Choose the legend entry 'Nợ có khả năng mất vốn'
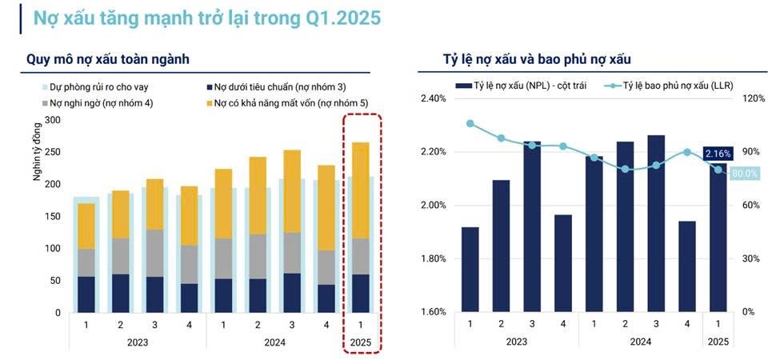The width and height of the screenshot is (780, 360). point(279,103)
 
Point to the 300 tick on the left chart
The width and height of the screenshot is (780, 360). point(53,120)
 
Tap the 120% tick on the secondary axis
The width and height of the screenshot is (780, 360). point(754,99)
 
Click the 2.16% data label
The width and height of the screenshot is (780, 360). point(717,152)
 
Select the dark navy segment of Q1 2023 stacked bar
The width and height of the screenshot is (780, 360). point(86,294)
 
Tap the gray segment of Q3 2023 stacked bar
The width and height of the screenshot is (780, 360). point(154,253)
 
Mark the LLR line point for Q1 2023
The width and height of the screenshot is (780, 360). point(470,124)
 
